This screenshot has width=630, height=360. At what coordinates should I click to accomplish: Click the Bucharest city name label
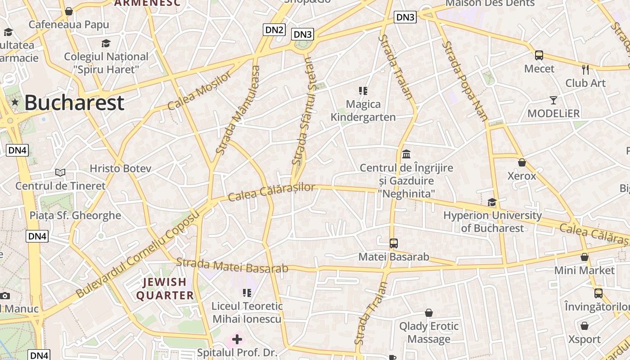[x=74, y=103]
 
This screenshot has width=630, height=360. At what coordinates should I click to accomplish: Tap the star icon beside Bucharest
[x=15, y=102]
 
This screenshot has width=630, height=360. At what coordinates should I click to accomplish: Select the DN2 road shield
[x=274, y=30]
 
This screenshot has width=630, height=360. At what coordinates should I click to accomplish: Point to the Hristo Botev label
[x=120, y=169]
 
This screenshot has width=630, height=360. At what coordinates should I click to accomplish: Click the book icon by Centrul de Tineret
[x=60, y=172]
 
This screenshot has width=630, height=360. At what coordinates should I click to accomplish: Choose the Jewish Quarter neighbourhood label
[x=165, y=289]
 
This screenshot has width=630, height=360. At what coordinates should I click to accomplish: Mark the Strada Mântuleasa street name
[x=238, y=110]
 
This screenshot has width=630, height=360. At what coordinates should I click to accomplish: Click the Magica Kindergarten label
[x=363, y=111]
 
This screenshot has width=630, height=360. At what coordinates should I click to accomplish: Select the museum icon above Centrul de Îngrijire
[x=406, y=154]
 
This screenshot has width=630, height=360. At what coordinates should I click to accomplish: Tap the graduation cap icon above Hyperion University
[x=492, y=202]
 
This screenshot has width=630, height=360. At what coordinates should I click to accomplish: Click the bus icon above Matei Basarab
[x=394, y=243]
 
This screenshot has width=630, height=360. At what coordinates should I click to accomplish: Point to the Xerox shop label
[x=522, y=176]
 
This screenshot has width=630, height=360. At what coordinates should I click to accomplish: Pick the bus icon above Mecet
[x=539, y=55]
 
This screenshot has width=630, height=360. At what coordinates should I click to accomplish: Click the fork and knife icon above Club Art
[x=585, y=70]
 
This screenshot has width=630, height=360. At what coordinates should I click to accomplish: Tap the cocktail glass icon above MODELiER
[x=553, y=100]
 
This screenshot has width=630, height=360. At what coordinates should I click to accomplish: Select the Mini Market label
[x=584, y=270]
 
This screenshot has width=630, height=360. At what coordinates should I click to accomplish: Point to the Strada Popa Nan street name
[x=465, y=81]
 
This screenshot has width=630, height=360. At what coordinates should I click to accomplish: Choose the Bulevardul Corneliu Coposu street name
[x=137, y=256]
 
